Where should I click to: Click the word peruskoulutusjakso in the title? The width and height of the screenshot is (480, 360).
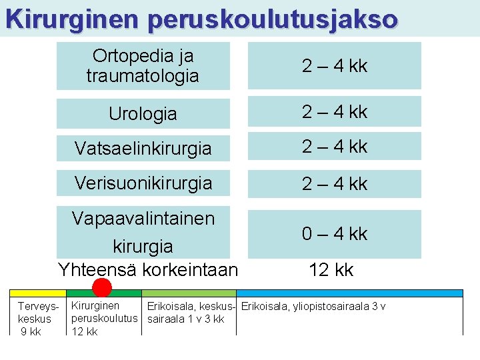click(x=273, y=19)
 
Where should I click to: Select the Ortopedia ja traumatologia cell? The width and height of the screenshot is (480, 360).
click(x=143, y=65)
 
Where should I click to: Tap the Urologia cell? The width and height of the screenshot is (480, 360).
click(x=143, y=113)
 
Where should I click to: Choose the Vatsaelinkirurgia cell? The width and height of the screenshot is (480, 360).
click(x=143, y=147)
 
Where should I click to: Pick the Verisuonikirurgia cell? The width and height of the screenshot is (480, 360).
click(x=143, y=183)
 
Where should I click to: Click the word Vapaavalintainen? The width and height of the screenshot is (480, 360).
click(x=143, y=218)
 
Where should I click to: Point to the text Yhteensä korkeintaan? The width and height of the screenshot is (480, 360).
click(x=147, y=269)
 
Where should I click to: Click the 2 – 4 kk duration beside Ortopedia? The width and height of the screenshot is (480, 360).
click(x=334, y=66)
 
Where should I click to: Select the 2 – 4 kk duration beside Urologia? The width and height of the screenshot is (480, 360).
click(x=334, y=111)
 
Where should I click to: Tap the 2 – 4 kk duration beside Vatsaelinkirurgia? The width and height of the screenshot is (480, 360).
click(x=334, y=147)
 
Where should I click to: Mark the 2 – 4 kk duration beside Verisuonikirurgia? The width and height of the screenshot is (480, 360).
click(x=334, y=183)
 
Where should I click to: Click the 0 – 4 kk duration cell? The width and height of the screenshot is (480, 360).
click(x=334, y=234)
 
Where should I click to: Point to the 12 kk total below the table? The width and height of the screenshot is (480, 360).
click(x=331, y=270)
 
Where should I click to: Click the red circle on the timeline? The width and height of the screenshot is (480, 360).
click(x=101, y=287)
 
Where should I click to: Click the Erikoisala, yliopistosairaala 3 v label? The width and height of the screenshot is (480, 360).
click(x=313, y=307)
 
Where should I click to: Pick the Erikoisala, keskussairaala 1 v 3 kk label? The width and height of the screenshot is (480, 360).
click(x=189, y=313)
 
